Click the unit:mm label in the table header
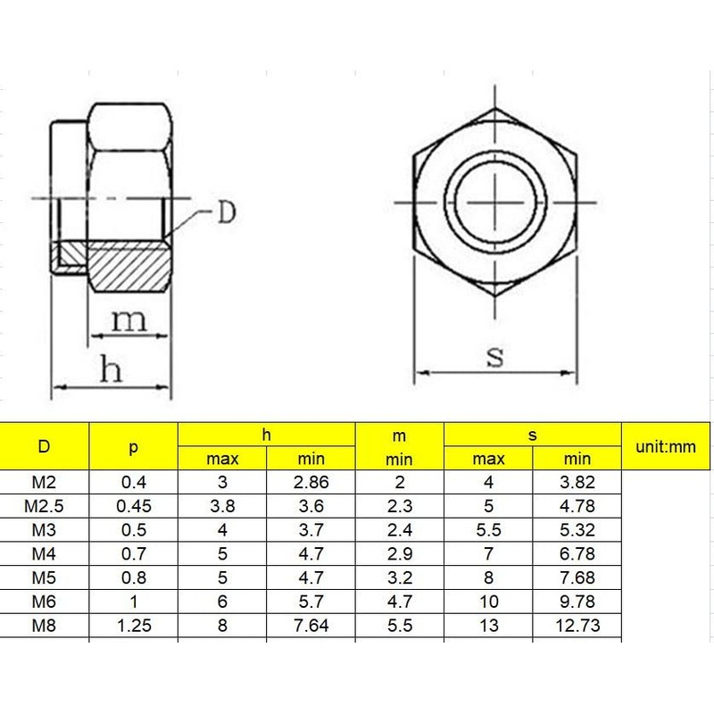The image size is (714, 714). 665,446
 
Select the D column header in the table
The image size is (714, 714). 44,447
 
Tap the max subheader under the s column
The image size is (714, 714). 488,459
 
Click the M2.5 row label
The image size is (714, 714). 44,506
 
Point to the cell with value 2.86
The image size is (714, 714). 311,483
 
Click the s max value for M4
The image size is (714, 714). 488,554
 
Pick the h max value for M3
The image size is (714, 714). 222,530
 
